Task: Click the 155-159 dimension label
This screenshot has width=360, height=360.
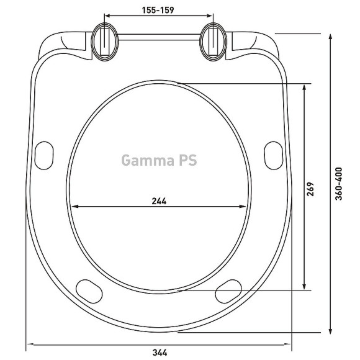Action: (158, 10)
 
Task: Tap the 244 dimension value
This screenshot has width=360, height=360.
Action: (159, 201)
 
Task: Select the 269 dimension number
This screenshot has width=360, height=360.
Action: (310, 189)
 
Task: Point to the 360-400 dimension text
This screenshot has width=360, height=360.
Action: (339, 184)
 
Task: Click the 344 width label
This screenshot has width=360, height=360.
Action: (160, 353)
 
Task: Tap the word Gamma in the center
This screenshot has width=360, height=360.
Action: (148, 160)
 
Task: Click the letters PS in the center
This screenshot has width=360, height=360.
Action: (188, 160)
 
